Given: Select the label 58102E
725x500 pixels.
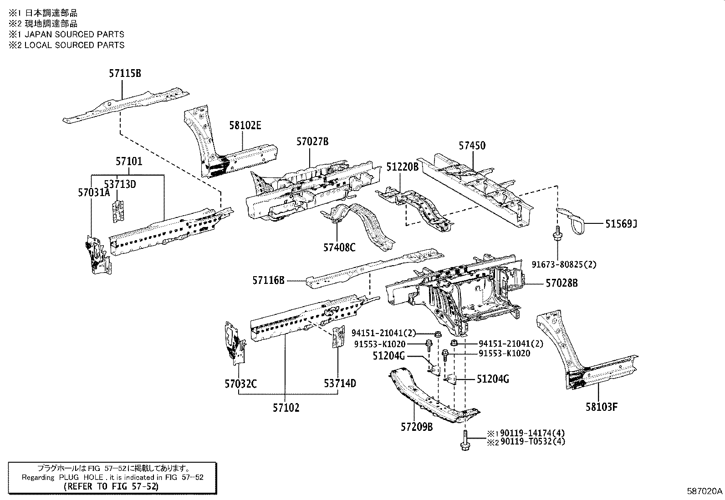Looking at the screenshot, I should (245, 126).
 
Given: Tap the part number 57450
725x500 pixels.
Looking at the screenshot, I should (472, 146).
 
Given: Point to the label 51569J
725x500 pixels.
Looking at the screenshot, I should (621, 223).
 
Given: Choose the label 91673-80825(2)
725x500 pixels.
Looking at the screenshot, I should (564, 264).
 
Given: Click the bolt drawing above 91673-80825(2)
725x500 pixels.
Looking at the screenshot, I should (557, 235).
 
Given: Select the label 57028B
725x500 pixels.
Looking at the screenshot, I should (562, 283).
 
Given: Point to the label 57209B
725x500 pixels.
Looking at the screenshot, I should (417, 427).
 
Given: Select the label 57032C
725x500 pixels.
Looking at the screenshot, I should (240, 384).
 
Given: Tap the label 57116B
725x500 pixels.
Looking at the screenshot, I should (269, 281).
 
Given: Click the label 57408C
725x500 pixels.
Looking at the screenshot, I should (339, 247).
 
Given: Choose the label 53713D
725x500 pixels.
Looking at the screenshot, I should (120, 184).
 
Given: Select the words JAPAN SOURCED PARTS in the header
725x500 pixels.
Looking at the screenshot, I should (74, 34).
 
